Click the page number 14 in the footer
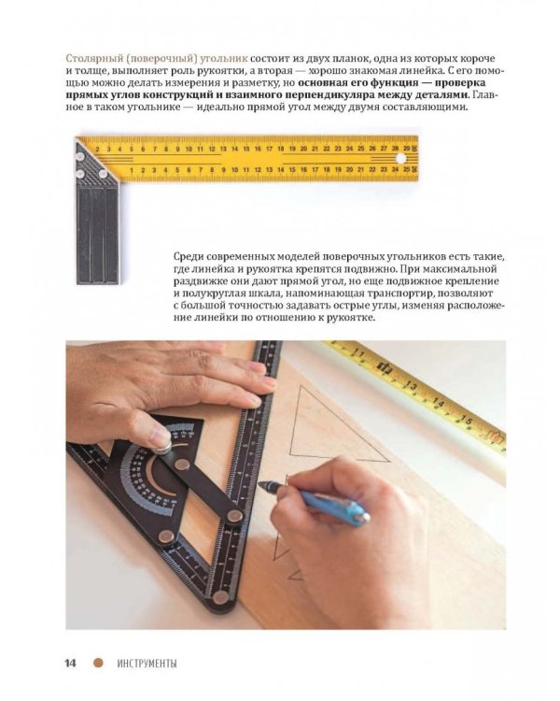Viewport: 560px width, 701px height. pyautogui.click(x=71, y=663)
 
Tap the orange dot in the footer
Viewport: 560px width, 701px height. pyautogui.click(x=98, y=663)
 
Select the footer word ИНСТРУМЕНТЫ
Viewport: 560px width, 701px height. pyautogui.click(x=147, y=663)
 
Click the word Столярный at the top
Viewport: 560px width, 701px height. pyautogui.click(x=89, y=59)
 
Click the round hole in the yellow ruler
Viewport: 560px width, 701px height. pyautogui.click(x=400, y=159)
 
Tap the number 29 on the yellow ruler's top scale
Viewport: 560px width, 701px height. pyautogui.click(x=407, y=148)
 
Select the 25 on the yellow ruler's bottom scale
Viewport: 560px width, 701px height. pyautogui.click(x=407, y=169)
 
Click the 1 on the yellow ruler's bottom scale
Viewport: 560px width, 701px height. pyautogui.click(x=132, y=170)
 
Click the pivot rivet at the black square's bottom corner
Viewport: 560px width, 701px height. pyautogui.click(x=220, y=596)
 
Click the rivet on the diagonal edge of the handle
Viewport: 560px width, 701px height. pyautogui.click(x=103, y=174)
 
